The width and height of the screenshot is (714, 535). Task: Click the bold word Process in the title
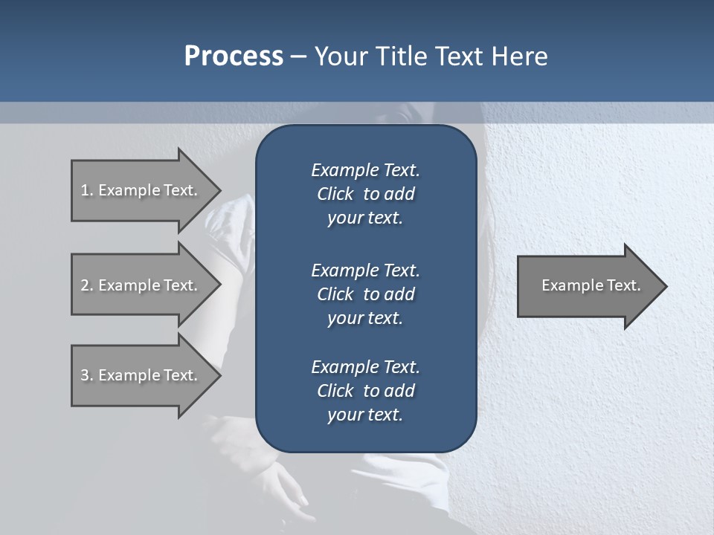[x=234, y=56]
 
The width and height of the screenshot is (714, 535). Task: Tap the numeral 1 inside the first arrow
[x=85, y=190]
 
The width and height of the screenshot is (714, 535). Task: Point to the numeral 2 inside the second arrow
[x=85, y=285]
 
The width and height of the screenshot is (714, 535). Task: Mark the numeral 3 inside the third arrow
[x=85, y=375]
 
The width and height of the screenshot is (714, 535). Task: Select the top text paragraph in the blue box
[x=365, y=194]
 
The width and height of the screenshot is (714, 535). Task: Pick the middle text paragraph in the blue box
[x=365, y=294]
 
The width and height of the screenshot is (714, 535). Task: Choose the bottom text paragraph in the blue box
[x=365, y=391]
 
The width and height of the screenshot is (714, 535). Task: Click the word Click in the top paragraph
[x=335, y=194]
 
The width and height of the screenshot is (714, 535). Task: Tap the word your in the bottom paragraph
[x=344, y=415]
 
